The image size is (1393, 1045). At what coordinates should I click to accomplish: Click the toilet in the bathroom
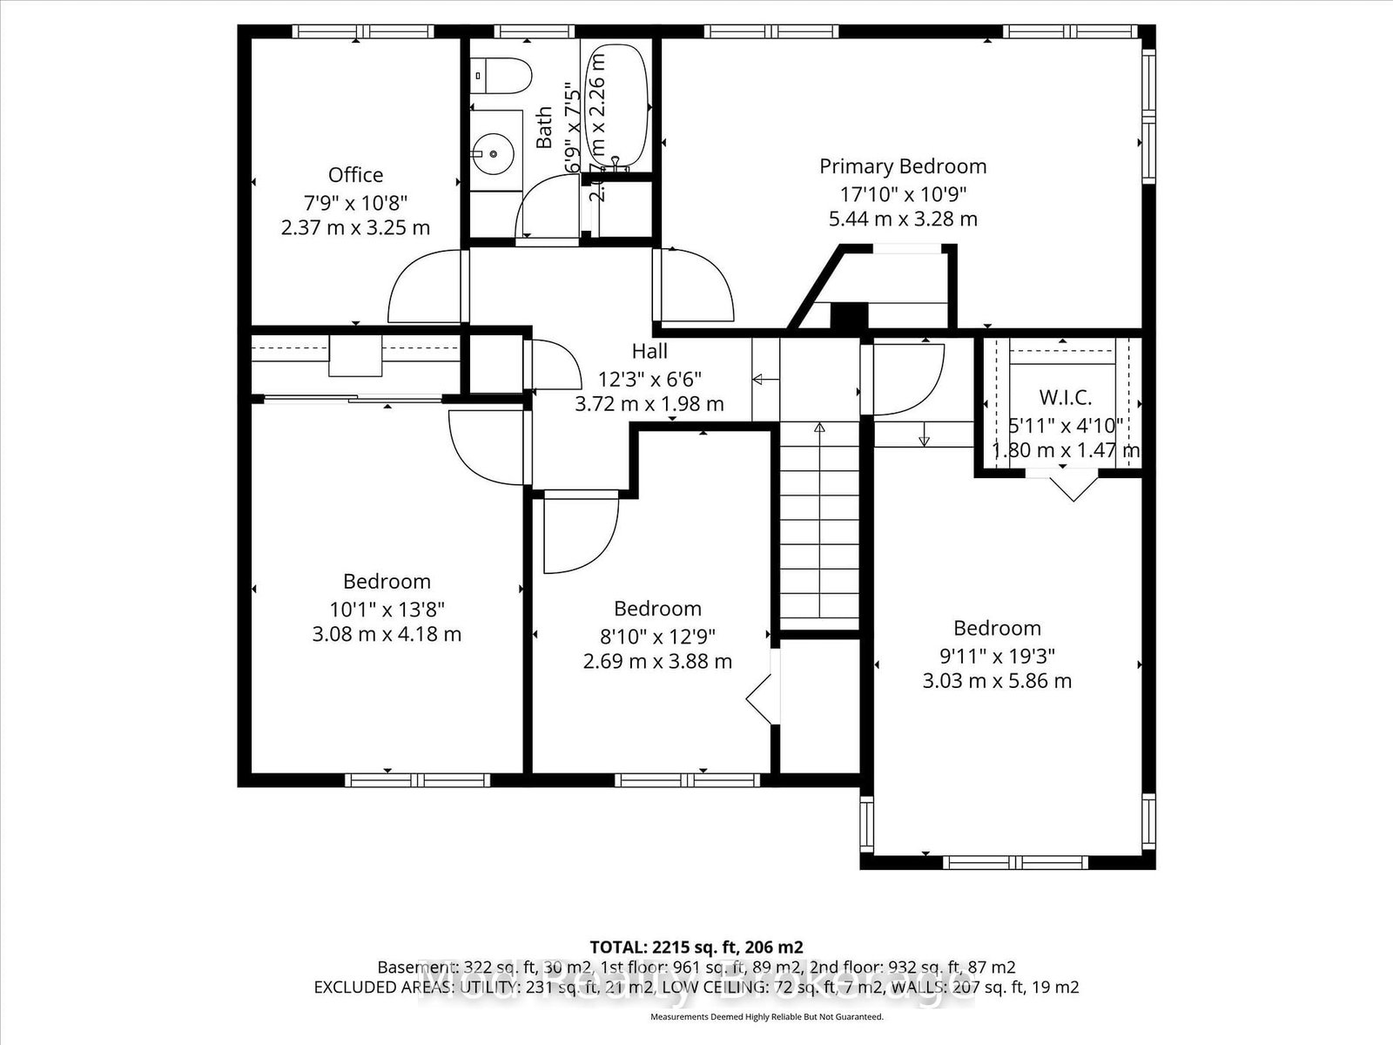click(x=502, y=76)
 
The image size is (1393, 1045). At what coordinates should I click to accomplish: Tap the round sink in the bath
click(x=494, y=154)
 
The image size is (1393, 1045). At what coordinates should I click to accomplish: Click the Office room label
click(x=355, y=175)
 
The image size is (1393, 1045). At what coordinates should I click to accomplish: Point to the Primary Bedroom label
click(x=903, y=166)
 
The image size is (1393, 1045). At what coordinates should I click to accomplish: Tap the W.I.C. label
click(x=1065, y=398)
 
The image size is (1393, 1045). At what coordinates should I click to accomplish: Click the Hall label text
click(x=649, y=351)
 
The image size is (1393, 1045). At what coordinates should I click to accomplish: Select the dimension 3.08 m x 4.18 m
click(x=387, y=634)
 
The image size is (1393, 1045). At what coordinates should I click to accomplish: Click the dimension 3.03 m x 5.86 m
click(x=997, y=681)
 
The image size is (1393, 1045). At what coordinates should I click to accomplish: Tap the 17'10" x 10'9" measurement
click(x=903, y=193)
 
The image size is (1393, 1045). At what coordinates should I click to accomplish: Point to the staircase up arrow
click(x=819, y=428)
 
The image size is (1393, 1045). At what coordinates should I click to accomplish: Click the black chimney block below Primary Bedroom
click(x=849, y=315)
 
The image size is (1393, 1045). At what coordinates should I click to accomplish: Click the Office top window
click(x=362, y=31)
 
